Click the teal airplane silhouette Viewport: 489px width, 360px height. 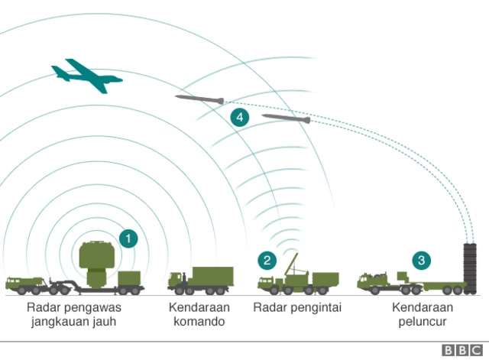coord(85,75)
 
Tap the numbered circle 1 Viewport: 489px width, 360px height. coord(129,238)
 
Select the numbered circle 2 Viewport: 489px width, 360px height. coord(267,261)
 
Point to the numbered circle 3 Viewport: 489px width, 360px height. coord(421,261)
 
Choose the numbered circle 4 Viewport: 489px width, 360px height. coord(240,118)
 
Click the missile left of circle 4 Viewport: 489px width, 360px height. coord(199,99)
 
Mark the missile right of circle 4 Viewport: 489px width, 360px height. coord(286,118)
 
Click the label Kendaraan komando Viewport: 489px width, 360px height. coord(198,314)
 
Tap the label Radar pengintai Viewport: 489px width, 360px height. coord(297,307)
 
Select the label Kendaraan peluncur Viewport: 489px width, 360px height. coord(423,314)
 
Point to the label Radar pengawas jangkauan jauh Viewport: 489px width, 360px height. coord(74,314)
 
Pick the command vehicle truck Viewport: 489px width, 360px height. coord(200,281)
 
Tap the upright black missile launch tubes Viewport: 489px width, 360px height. coord(470,268)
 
